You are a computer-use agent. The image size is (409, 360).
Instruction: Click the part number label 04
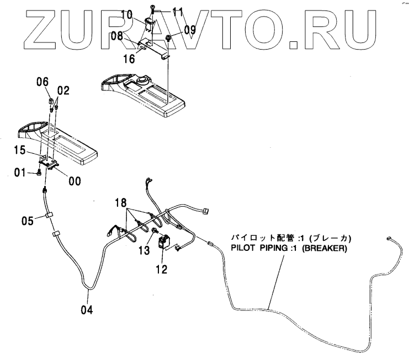(x=87, y=309)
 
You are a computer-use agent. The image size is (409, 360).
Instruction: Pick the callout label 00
(x=73, y=180)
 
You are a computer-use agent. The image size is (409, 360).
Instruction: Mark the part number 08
(x=116, y=37)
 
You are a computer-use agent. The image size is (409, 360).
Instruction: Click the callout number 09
(x=189, y=30)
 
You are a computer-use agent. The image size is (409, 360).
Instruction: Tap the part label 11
(x=177, y=10)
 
